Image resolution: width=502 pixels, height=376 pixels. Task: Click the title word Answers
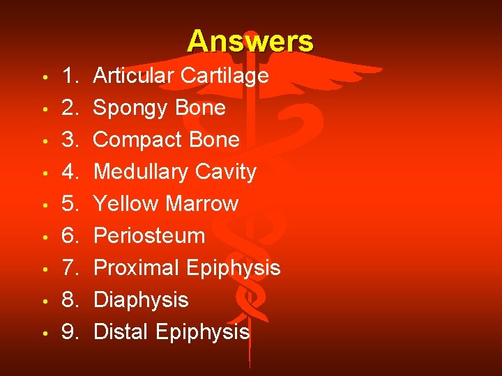point(250,41)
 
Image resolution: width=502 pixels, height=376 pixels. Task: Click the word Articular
point(134,75)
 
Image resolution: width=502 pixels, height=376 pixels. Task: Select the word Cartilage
point(225,75)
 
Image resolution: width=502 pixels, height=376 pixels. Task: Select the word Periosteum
point(149,236)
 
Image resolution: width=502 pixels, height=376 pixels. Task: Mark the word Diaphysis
point(141,300)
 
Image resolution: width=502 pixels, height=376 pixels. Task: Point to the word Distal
point(121,332)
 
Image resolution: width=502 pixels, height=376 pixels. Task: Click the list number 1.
point(70,75)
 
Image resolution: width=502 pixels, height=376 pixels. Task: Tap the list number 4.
point(70,172)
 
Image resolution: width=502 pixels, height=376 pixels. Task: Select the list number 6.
point(70,236)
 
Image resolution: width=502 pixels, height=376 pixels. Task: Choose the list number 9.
point(70,332)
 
